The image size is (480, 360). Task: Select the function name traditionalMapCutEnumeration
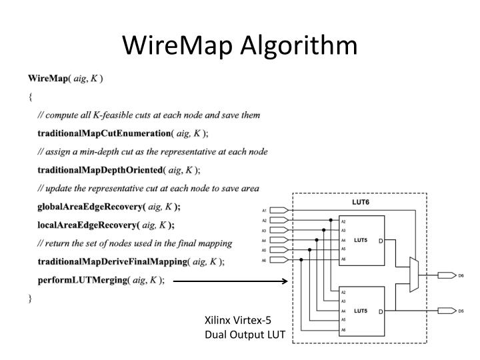tap(104, 133)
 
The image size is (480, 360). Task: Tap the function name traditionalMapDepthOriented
tap(100, 170)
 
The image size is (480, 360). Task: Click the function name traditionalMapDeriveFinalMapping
tap(113, 262)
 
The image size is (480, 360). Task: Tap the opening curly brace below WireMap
tap(31, 97)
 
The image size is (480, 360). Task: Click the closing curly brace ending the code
tap(31, 299)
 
